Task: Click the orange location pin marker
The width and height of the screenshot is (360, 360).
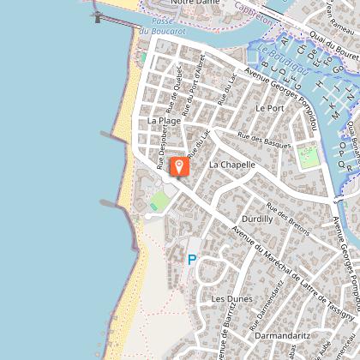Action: point(179,166)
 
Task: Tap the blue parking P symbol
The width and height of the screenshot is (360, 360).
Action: point(192,260)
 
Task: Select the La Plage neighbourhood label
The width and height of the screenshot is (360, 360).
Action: point(164,121)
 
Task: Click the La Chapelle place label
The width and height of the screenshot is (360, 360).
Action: point(231,164)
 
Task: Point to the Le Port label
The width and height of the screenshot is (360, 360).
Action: point(269,108)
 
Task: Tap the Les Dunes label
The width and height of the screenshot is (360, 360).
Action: point(229,298)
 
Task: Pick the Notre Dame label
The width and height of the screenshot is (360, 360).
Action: point(195,3)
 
